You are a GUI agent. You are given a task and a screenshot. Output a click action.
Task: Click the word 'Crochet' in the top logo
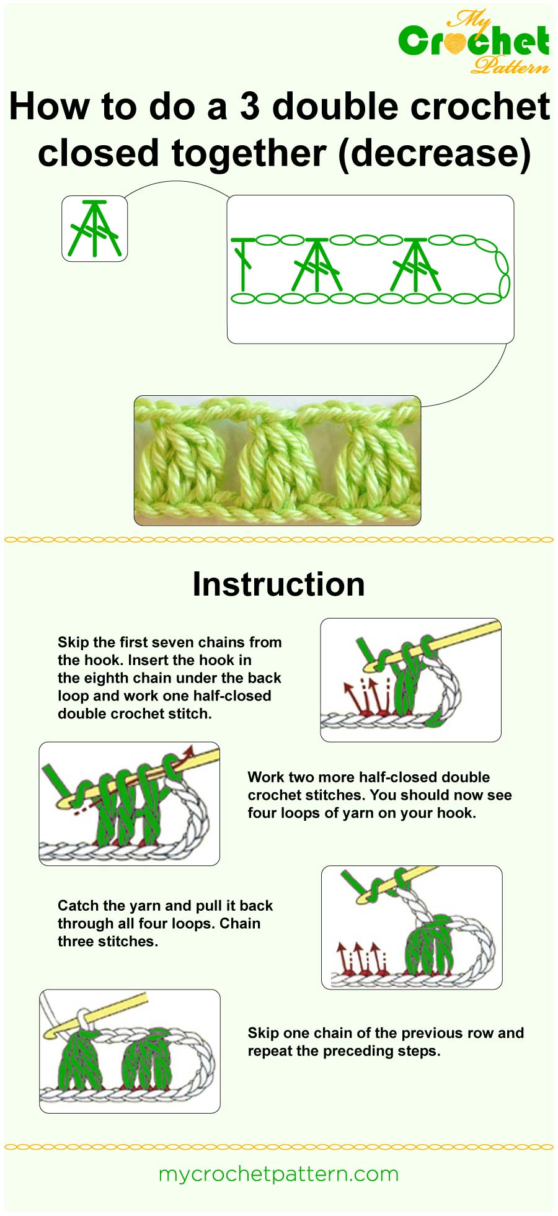point(474,42)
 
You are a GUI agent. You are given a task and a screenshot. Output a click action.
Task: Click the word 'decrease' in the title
point(434,153)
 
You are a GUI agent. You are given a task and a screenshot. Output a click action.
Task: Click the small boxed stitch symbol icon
point(94,228)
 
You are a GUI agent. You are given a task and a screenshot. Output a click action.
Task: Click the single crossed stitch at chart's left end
point(244,264)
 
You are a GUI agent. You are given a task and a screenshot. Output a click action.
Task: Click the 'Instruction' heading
point(278,584)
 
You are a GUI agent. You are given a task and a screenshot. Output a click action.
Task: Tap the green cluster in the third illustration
point(428,946)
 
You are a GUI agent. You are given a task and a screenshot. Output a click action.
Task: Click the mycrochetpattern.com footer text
point(278,1174)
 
